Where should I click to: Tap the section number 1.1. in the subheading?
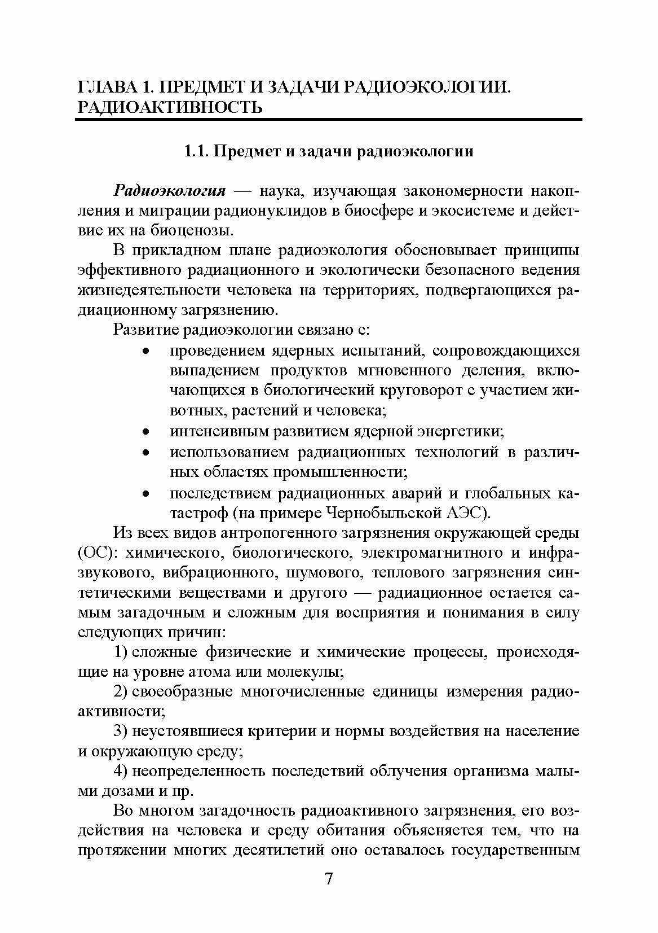198,152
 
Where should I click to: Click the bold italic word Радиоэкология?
170,191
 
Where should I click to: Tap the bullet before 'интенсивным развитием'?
145,432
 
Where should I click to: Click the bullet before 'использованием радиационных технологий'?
145,453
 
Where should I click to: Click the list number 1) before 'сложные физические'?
120,652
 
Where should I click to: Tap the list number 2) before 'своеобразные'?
120,692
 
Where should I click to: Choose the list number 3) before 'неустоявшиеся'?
120,731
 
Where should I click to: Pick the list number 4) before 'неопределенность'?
120,771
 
